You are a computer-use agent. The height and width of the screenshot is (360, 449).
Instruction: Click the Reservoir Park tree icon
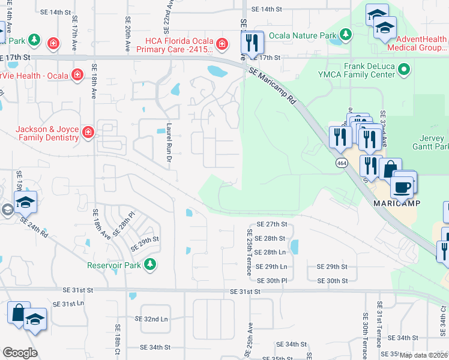point(149,264)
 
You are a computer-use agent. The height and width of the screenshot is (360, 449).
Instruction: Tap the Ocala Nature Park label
point(303,36)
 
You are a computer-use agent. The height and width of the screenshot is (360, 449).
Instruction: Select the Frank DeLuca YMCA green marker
point(404,70)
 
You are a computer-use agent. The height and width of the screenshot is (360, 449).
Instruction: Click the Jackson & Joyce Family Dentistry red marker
point(88,132)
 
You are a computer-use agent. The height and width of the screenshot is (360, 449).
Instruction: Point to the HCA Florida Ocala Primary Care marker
point(222,44)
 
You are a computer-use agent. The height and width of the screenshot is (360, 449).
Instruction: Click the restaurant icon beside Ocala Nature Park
point(252,43)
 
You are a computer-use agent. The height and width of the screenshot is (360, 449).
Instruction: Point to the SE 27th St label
point(272,224)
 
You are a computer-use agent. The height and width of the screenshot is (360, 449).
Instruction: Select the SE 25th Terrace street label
point(250,252)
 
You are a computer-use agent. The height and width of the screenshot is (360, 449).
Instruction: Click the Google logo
point(20,352)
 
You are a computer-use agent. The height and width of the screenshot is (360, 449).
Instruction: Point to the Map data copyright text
point(423,355)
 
